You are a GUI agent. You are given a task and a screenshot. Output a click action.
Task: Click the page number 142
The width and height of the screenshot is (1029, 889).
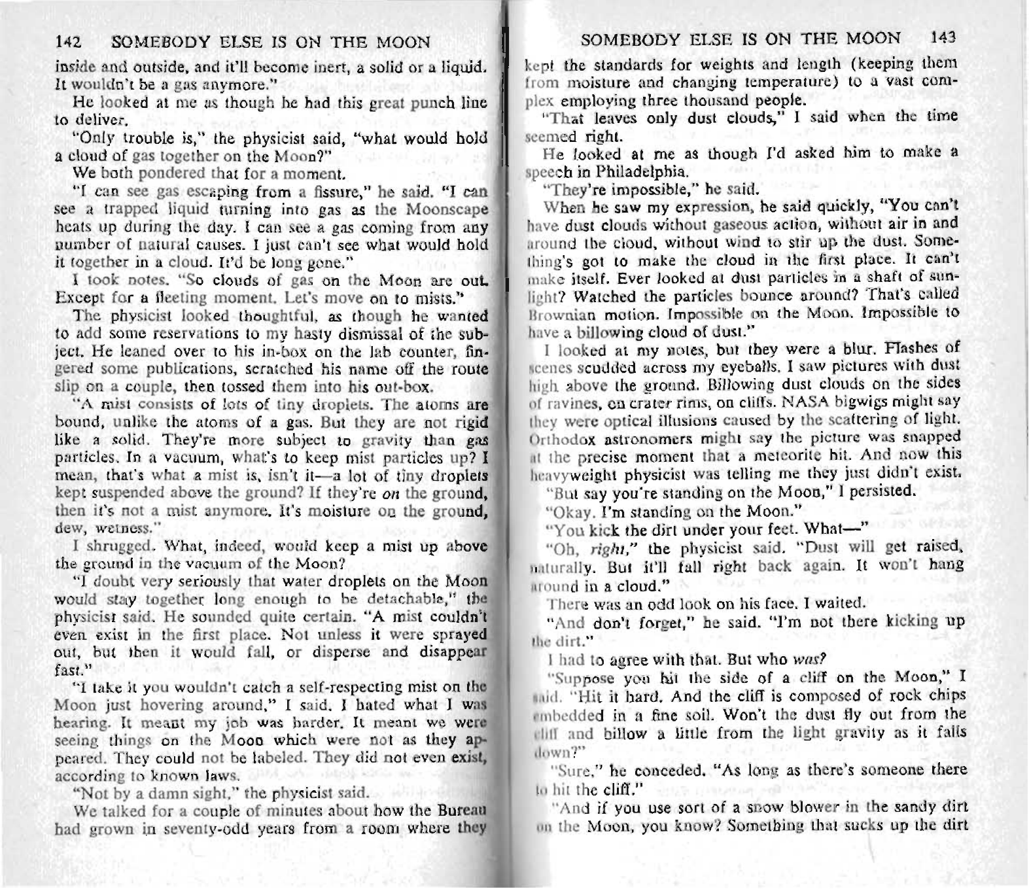coord(67,43)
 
